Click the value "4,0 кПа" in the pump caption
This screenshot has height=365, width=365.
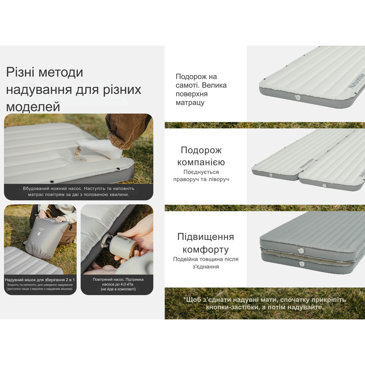coord(126,284)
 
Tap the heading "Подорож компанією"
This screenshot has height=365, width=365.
coord(201,156)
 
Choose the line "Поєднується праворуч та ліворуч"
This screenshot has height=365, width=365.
coord(201,176)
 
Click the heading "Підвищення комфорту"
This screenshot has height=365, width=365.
coord(205,243)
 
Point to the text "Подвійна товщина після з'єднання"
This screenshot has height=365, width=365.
coord(205,263)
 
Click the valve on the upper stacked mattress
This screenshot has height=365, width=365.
coord(301,251)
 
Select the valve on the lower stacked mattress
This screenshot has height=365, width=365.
coord(301,263)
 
